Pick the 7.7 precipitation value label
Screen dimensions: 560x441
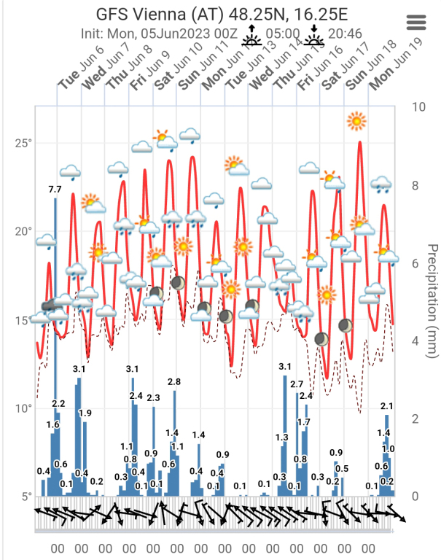pyautogui.click(x=55, y=190)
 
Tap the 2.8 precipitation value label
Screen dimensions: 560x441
pyautogui.click(x=174, y=382)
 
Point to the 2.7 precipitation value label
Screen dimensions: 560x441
pyautogui.click(x=297, y=384)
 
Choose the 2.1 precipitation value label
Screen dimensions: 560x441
pyautogui.click(x=387, y=406)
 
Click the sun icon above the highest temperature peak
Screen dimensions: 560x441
pyautogui.click(x=356, y=120)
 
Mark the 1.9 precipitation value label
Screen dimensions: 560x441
pyautogui.click(x=85, y=413)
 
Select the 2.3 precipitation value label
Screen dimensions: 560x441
pyautogui.click(x=153, y=398)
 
